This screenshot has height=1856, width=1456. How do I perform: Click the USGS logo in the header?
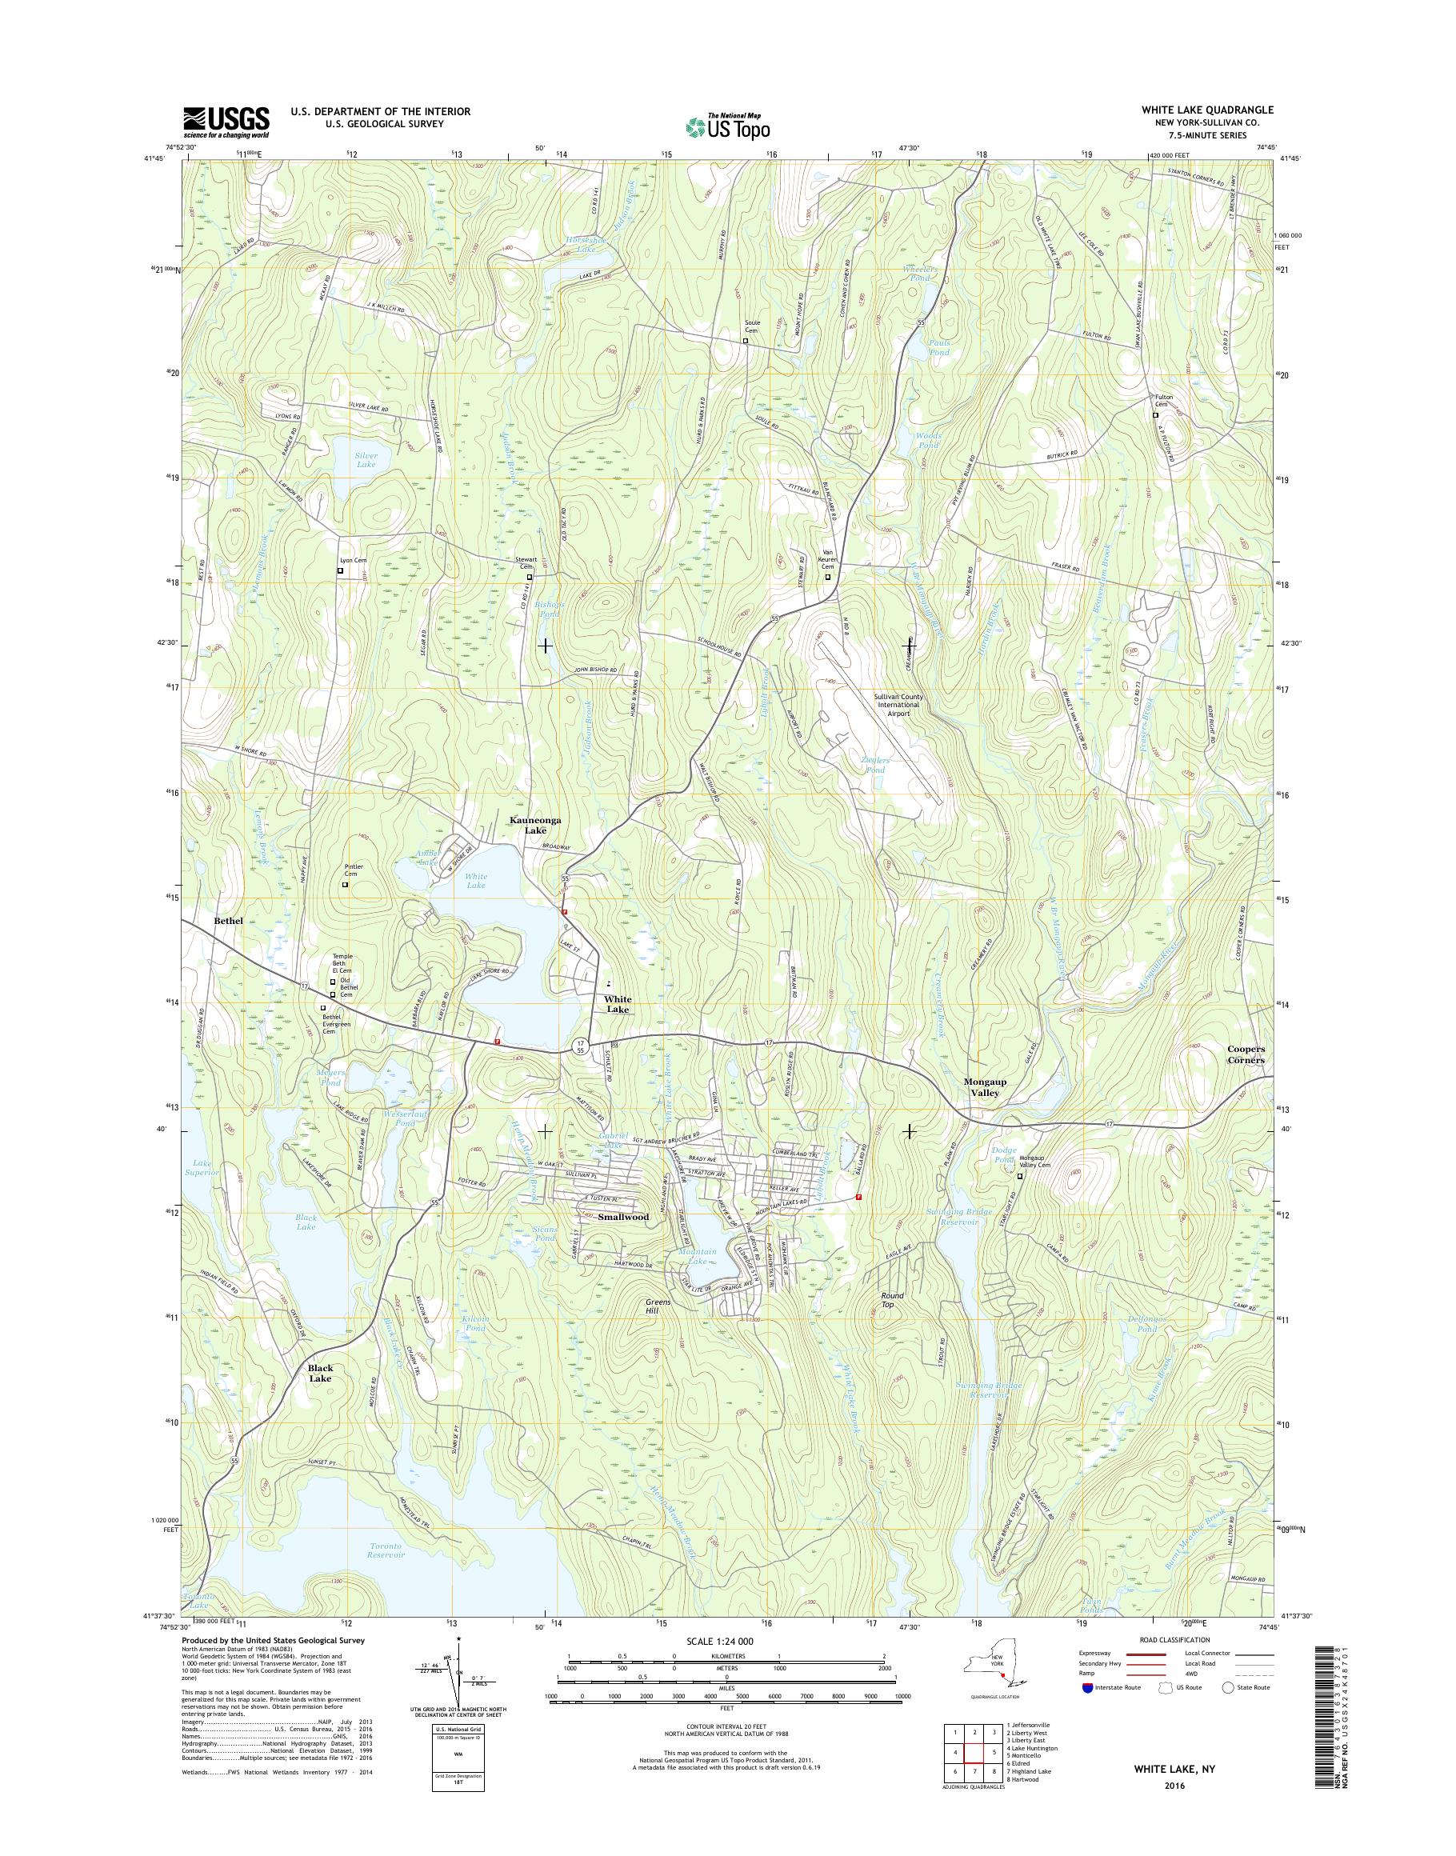pyautogui.click(x=226, y=122)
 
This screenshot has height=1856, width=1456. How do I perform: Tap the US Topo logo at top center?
pyautogui.click(x=728, y=126)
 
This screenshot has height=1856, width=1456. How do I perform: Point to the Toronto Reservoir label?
pyautogui.click(x=375, y=1550)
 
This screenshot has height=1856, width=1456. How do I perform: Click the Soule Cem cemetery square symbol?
pyautogui.click(x=745, y=341)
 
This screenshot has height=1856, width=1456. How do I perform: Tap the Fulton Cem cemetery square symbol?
pyautogui.click(x=1156, y=416)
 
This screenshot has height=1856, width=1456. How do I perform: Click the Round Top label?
pyautogui.click(x=893, y=1299)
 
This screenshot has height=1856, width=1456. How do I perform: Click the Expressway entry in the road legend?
pyautogui.click(x=1095, y=1653)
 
